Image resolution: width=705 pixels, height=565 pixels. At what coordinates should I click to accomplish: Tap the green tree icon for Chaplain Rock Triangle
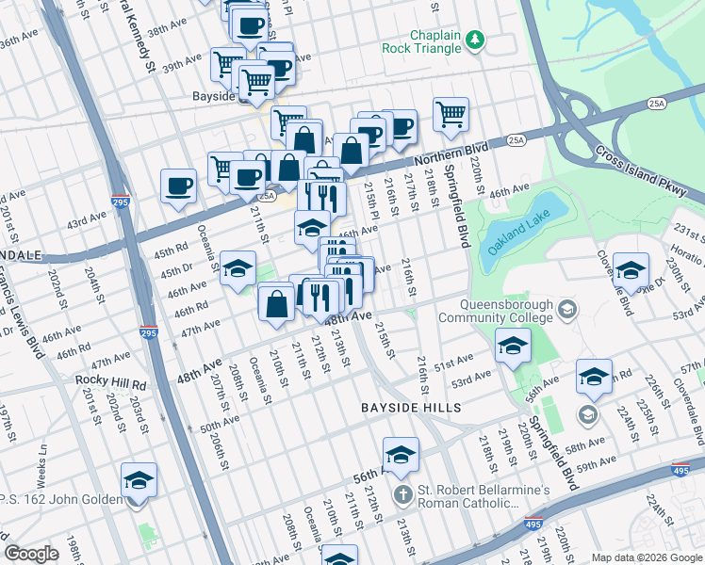coord(477,39)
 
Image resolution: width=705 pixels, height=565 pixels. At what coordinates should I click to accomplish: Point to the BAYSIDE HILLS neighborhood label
coord(411,408)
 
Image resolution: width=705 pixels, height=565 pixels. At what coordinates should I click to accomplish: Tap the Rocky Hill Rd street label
coord(112,384)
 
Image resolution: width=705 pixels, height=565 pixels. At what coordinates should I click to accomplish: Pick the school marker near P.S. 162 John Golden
coord(139,483)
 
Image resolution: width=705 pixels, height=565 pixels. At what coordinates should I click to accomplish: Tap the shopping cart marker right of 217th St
coord(451,115)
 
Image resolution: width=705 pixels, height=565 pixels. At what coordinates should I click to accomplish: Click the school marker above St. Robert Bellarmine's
coord(401,455)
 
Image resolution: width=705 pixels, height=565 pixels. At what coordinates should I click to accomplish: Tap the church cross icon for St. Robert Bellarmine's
coord(402,495)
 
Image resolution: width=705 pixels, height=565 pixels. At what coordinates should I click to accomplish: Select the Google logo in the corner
coord(31,554)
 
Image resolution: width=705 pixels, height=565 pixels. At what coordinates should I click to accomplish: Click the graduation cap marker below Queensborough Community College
coord(513,348)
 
